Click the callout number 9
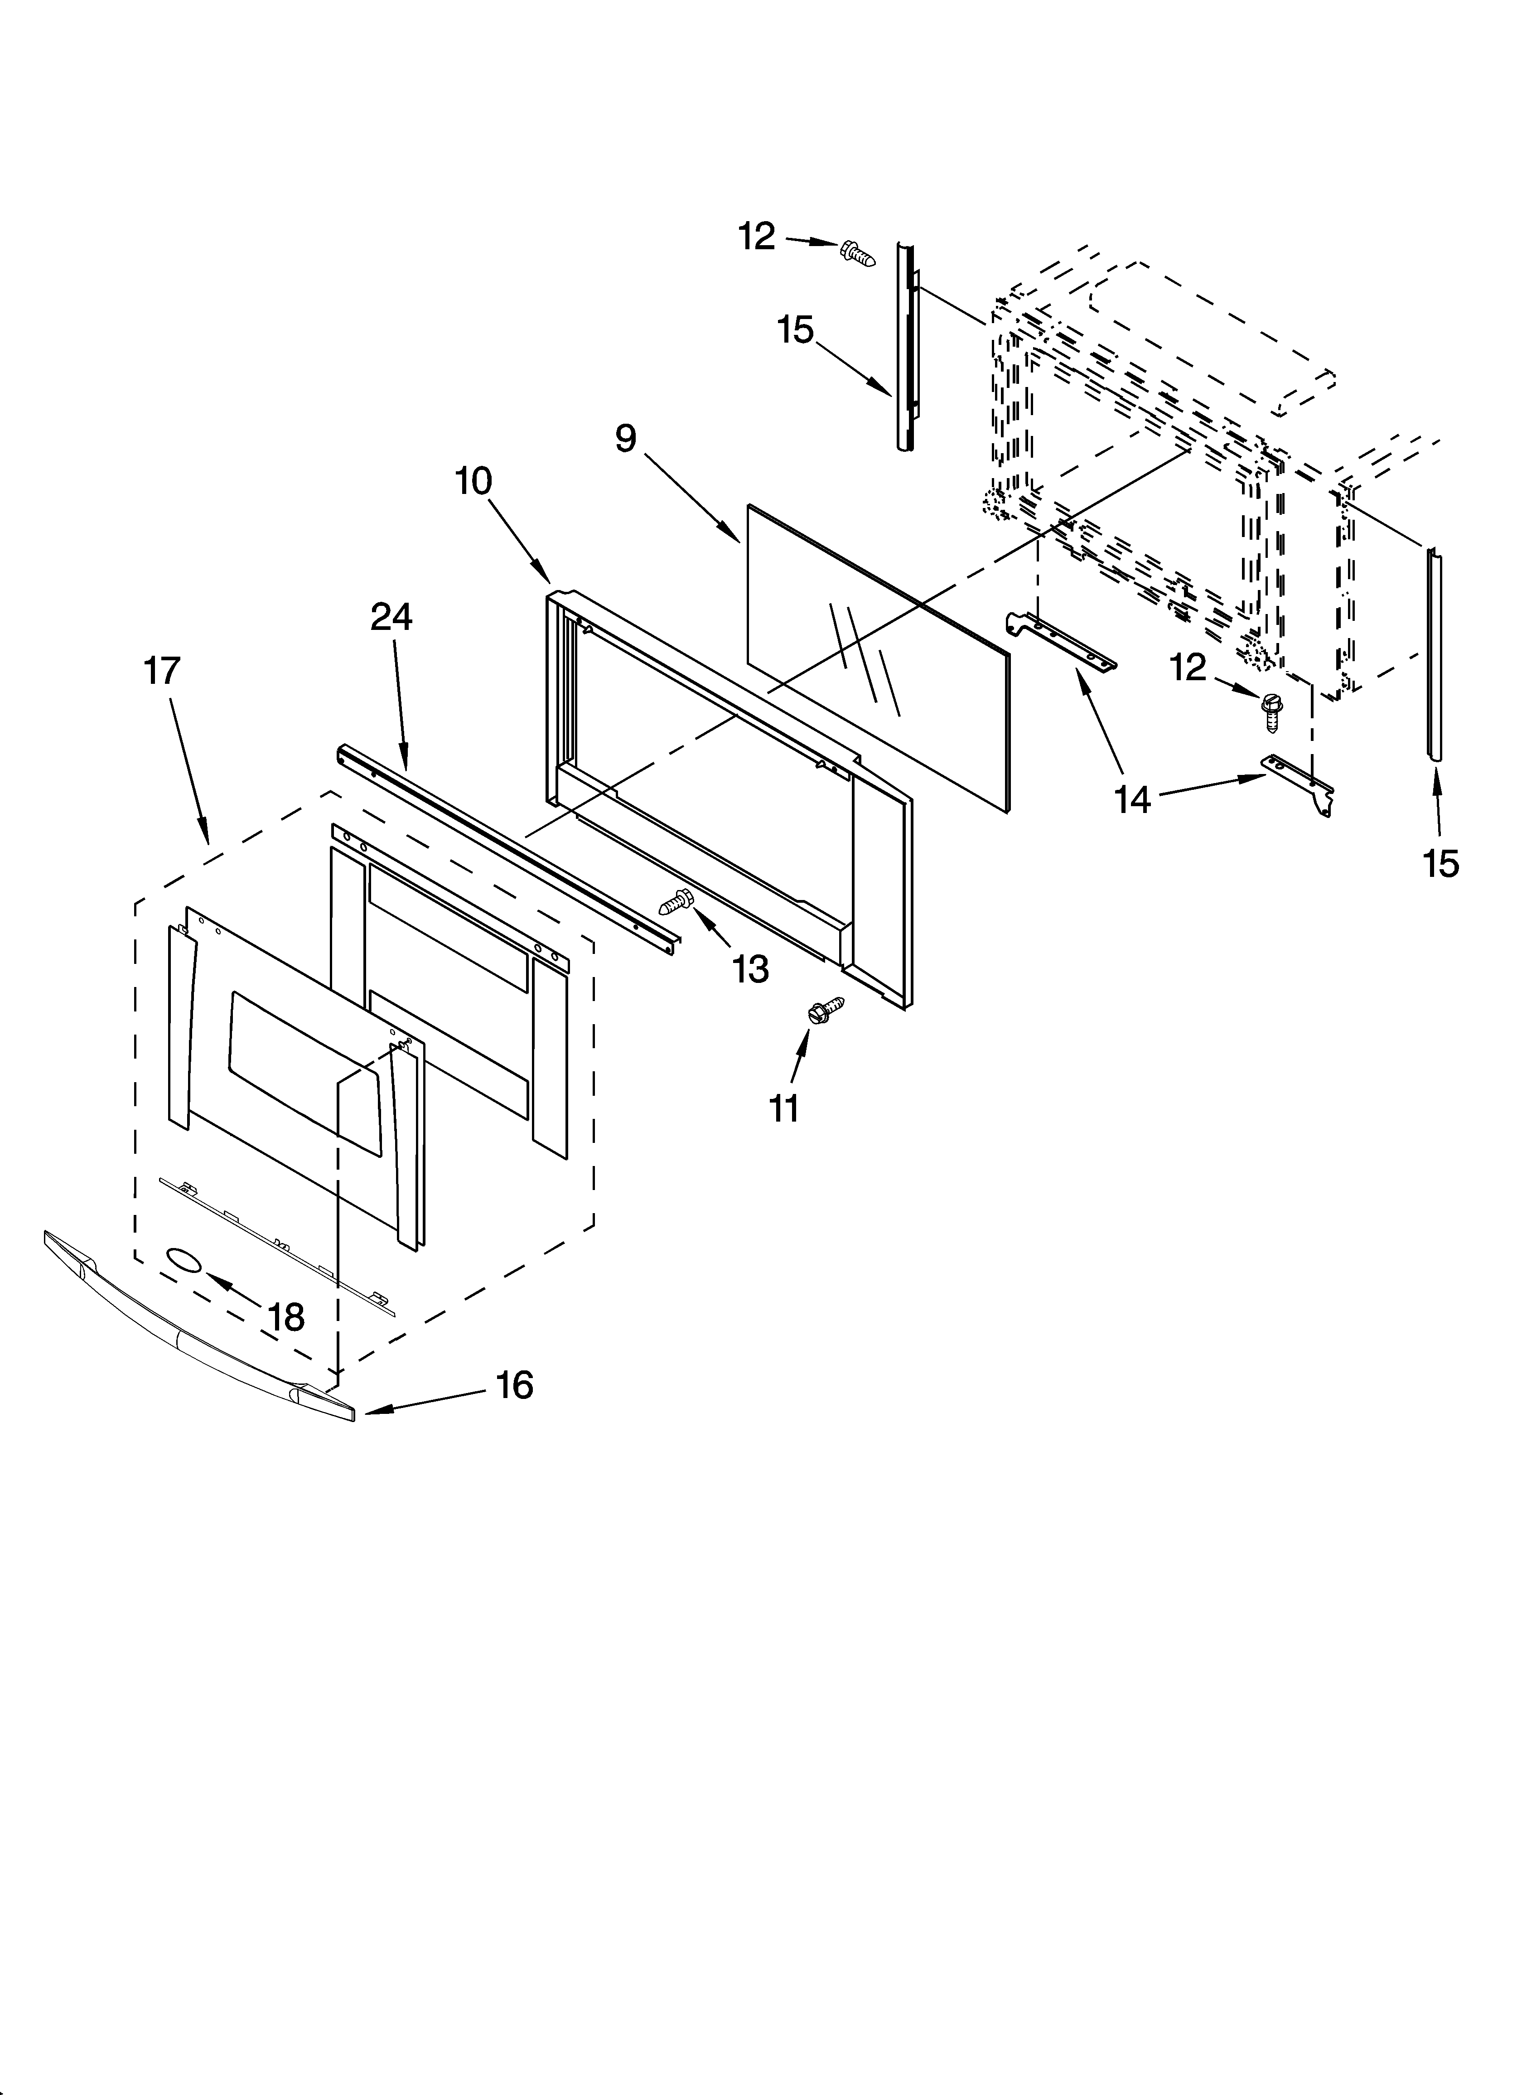click(x=626, y=439)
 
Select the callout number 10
click(x=473, y=481)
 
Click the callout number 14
click(x=1133, y=800)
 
